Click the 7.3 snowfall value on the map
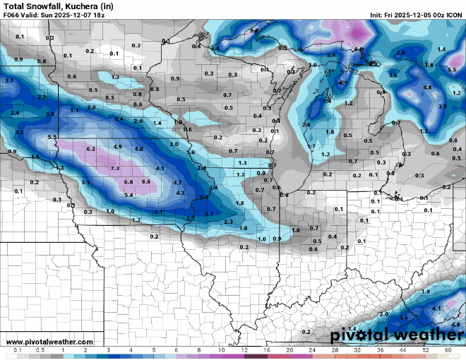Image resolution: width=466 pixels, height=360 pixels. point(114,169)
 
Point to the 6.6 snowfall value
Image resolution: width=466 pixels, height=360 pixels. point(146,181)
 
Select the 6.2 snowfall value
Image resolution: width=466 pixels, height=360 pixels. point(90,149)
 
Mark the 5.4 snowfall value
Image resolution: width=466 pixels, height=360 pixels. point(129,195)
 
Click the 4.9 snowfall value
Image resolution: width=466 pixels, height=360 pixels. point(118,146)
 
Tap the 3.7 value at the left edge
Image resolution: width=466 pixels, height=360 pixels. point(9,81)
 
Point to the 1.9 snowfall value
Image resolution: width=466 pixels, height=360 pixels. point(425,292)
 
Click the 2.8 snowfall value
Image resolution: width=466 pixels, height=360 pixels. point(400,53)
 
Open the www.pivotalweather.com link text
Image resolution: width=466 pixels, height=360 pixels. point(41,342)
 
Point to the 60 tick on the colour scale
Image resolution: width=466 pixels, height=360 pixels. point(448,350)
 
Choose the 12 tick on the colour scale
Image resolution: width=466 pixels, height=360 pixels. point(244,350)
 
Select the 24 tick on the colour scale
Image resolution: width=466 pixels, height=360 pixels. point(312,350)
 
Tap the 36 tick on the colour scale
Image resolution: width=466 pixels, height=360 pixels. point(380,350)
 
